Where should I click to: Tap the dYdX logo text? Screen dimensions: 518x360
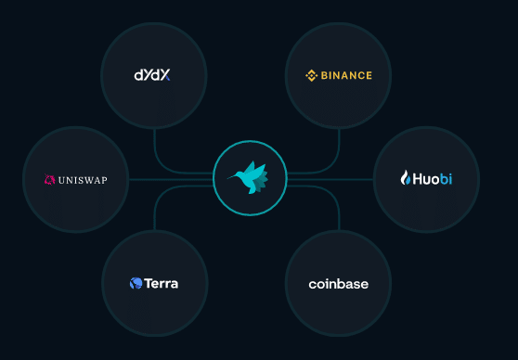click(153, 74)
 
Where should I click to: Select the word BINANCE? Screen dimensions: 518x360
click(346, 75)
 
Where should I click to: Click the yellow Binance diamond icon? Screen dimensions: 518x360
click(312, 75)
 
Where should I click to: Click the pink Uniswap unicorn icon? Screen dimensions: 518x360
click(50, 180)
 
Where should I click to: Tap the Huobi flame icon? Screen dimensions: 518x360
click(405, 177)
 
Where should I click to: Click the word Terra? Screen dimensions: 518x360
click(161, 283)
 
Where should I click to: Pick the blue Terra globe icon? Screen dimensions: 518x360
click(136, 283)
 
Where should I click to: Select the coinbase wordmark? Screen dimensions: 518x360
click(338, 284)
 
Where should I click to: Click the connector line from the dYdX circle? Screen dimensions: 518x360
click(154, 148)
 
